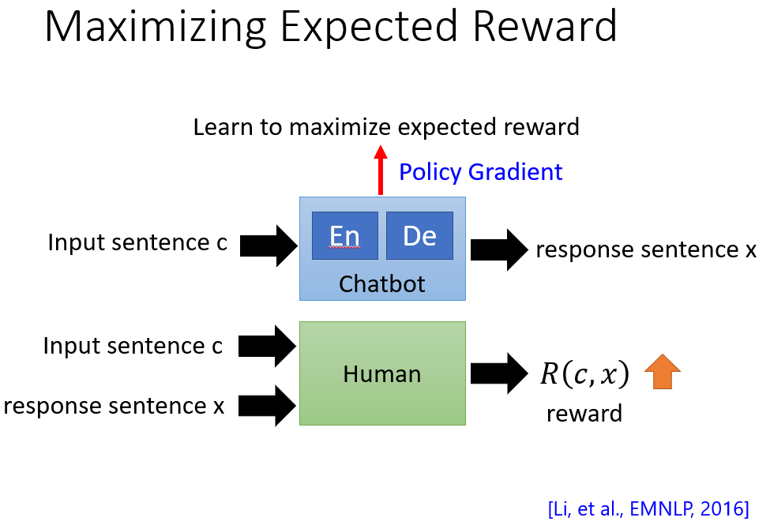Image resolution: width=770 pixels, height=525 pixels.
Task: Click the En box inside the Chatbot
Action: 345,236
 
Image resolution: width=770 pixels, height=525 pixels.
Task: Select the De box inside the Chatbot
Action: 419,236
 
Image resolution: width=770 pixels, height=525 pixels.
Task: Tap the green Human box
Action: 382,373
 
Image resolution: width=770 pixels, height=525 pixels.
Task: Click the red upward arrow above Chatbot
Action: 381,170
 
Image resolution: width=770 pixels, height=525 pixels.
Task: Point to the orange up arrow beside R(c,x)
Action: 663,372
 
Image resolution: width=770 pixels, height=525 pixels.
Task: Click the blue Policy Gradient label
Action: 481,172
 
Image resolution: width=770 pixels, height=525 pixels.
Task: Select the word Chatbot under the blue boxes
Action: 382,284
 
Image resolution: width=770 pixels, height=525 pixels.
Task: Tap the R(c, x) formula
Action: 584,374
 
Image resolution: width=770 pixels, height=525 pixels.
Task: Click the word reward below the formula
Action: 584,414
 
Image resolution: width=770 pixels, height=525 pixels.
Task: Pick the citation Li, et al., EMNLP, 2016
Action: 648,508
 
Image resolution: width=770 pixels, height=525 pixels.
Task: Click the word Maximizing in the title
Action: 156,28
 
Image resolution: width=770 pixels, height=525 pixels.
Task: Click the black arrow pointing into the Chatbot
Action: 269,246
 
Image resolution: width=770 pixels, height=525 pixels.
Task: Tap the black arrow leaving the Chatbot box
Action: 499,249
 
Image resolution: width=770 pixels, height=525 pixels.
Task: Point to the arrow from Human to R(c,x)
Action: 499,373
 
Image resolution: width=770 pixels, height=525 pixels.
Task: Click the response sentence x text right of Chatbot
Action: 646,249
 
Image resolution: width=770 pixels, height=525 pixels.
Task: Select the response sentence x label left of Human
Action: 114,406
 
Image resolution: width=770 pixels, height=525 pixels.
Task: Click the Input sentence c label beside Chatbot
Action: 137,242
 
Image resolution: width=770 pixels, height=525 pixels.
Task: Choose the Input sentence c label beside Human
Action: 133,346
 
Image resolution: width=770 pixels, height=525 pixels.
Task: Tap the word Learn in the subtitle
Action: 223,127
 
